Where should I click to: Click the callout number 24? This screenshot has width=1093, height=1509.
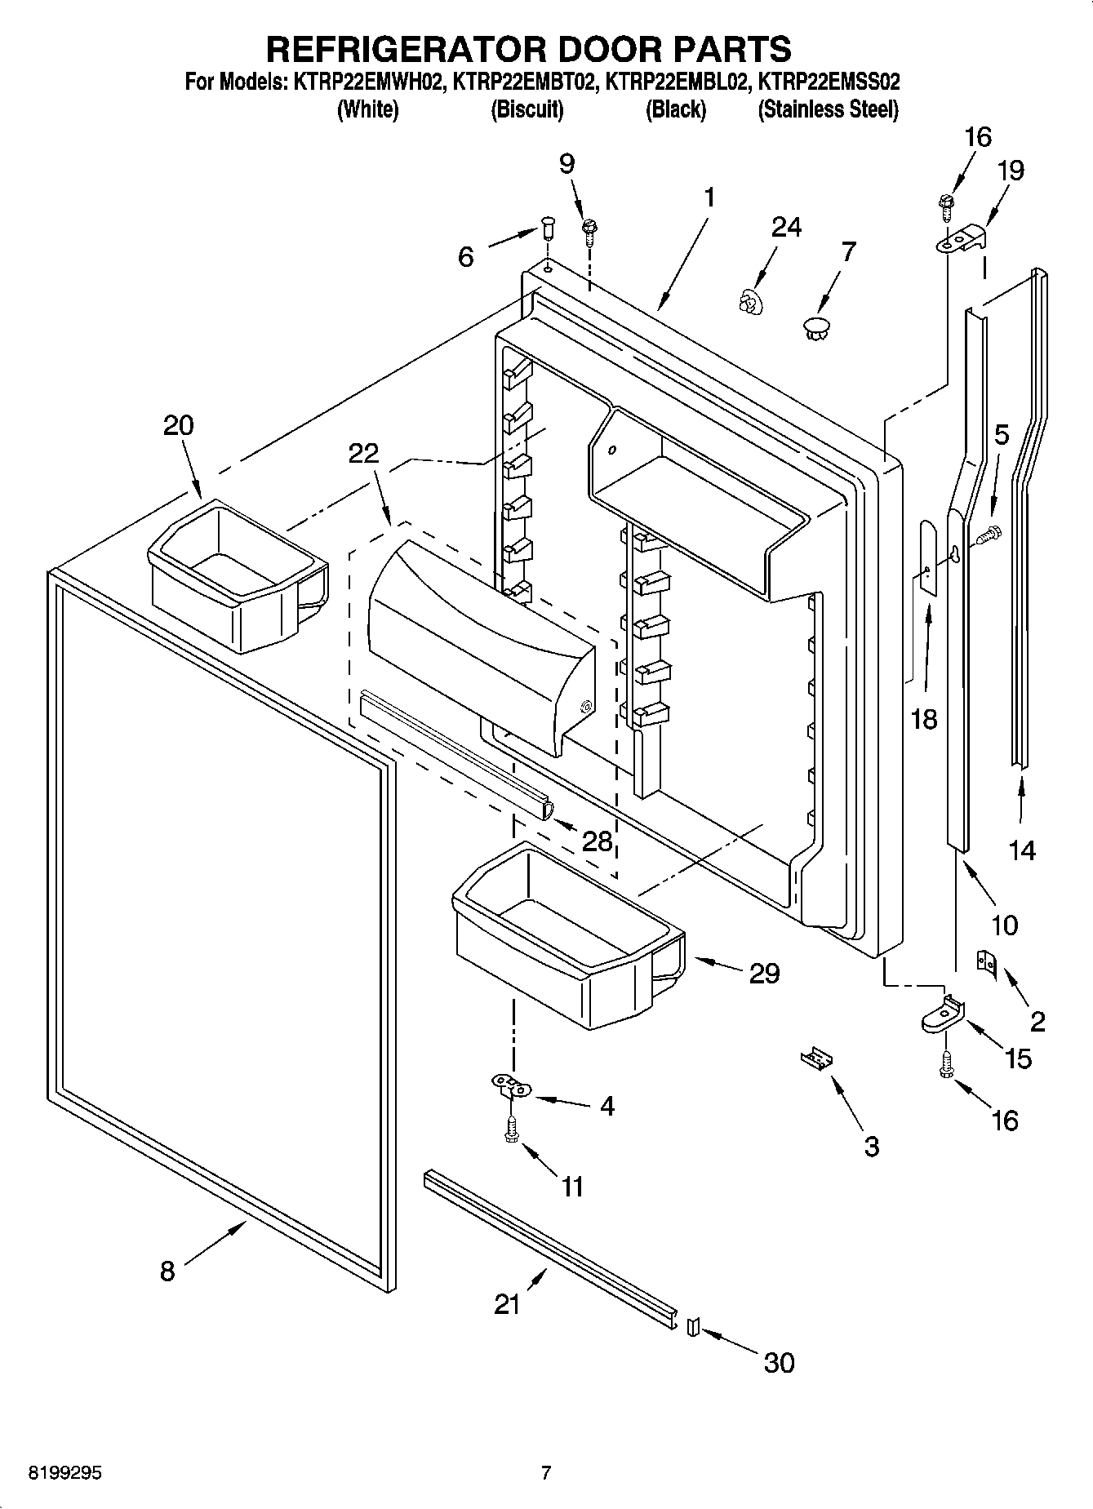786,227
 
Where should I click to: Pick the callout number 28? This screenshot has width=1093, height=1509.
598,841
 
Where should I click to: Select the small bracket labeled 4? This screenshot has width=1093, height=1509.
511,1085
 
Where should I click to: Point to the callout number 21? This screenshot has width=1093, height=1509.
507,1304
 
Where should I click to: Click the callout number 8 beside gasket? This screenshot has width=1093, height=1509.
167,1271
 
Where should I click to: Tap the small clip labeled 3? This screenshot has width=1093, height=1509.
817,1058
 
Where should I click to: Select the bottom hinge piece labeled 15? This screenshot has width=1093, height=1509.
944,1013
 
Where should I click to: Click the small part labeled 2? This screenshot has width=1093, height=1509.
987,962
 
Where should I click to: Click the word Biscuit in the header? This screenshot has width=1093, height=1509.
527,109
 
